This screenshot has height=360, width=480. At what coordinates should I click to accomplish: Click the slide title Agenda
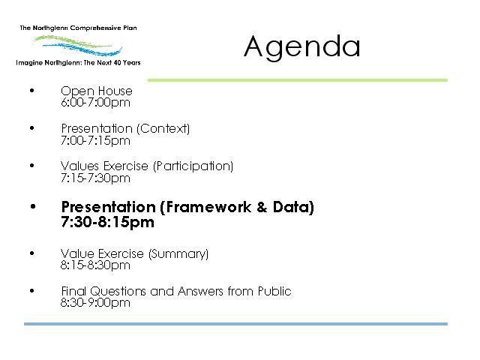click(x=301, y=46)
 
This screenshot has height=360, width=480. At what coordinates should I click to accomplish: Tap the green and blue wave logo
click(x=78, y=46)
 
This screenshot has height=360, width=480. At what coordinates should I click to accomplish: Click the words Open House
click(x=97, y=91)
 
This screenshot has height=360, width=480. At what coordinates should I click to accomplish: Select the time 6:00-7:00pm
click(x=95, y=103)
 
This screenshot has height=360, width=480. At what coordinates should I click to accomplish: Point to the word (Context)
click(x=163, y=128)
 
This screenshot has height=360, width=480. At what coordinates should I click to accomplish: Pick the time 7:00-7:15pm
click(x=95, y=141)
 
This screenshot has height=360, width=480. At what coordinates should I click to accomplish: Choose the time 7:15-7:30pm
click(x=95, y=178)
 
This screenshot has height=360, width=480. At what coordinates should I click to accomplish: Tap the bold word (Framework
click(x=205, y=207)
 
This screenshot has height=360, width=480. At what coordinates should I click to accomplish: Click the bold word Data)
click(x=293, y=207)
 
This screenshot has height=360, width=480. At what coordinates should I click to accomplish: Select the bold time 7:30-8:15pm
click(x=107, y=222)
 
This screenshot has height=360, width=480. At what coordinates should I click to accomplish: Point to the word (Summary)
click(x=178, y=253)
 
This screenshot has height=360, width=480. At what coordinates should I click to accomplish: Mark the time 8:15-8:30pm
click(x=95, y=265)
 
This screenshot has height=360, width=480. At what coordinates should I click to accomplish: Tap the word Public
click(x=274, y=291)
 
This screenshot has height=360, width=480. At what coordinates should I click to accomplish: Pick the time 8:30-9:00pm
click(x=95, y=303)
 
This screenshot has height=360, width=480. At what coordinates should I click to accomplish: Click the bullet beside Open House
click(x=32, y=91)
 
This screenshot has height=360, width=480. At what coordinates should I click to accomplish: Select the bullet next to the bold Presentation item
click(x=33, y=207)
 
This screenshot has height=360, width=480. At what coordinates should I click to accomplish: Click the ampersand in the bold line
click(x=262, y=207)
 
